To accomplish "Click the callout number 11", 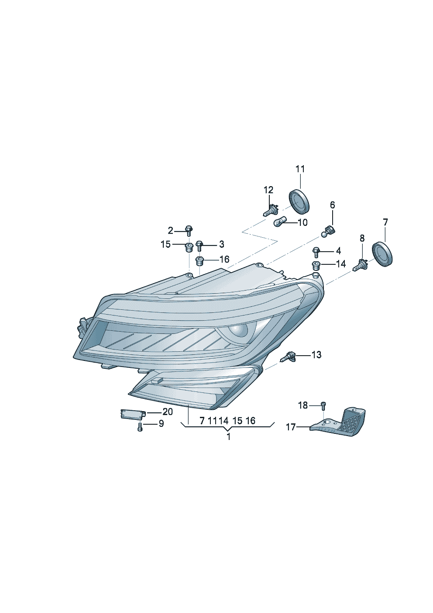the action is tap(300, 169).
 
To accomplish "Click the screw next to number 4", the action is tap(316, 252).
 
